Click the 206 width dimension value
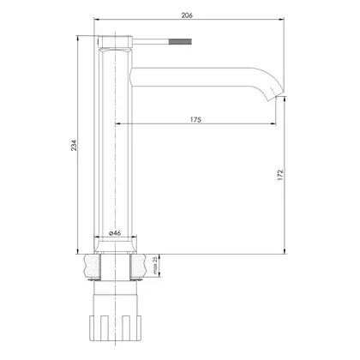point(187,15)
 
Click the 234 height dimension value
point(74,146)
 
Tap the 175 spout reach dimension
point(195,119)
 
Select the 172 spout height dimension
point(280,175)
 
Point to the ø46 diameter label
point(115,233)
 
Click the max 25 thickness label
point(155,265)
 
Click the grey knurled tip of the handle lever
point(180,41)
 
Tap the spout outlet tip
point(273,97)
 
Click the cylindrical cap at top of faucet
point(115,42)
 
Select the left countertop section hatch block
point(92,267)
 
